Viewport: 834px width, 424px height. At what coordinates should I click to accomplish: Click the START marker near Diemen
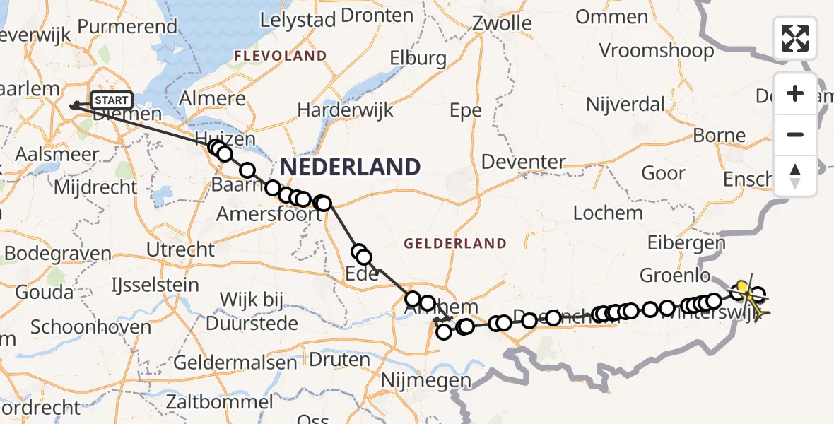(111, 100)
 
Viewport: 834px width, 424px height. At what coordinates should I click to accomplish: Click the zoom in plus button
(795, 94)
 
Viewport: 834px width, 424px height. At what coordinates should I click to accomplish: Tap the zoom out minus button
(795, 134)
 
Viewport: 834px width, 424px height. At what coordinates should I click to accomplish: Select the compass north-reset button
(795, 175)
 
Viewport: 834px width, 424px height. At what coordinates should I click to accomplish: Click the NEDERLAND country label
(351, 167)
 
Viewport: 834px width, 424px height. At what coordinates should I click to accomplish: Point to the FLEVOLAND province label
(281, 56)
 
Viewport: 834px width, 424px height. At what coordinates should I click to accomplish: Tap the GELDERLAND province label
(455, 244)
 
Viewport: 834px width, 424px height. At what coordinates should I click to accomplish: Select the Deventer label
(524, 162)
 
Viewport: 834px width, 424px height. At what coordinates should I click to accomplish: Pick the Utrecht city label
(180, 249)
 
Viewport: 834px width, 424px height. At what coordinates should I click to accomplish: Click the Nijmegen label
(425, 381)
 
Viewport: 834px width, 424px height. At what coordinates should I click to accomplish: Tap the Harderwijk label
(345, 110)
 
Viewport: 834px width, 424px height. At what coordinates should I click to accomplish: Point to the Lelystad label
(298, 20)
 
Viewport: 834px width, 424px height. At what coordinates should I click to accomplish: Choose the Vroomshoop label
(657, 51)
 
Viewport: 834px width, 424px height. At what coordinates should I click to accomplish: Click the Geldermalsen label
(235, 363)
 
